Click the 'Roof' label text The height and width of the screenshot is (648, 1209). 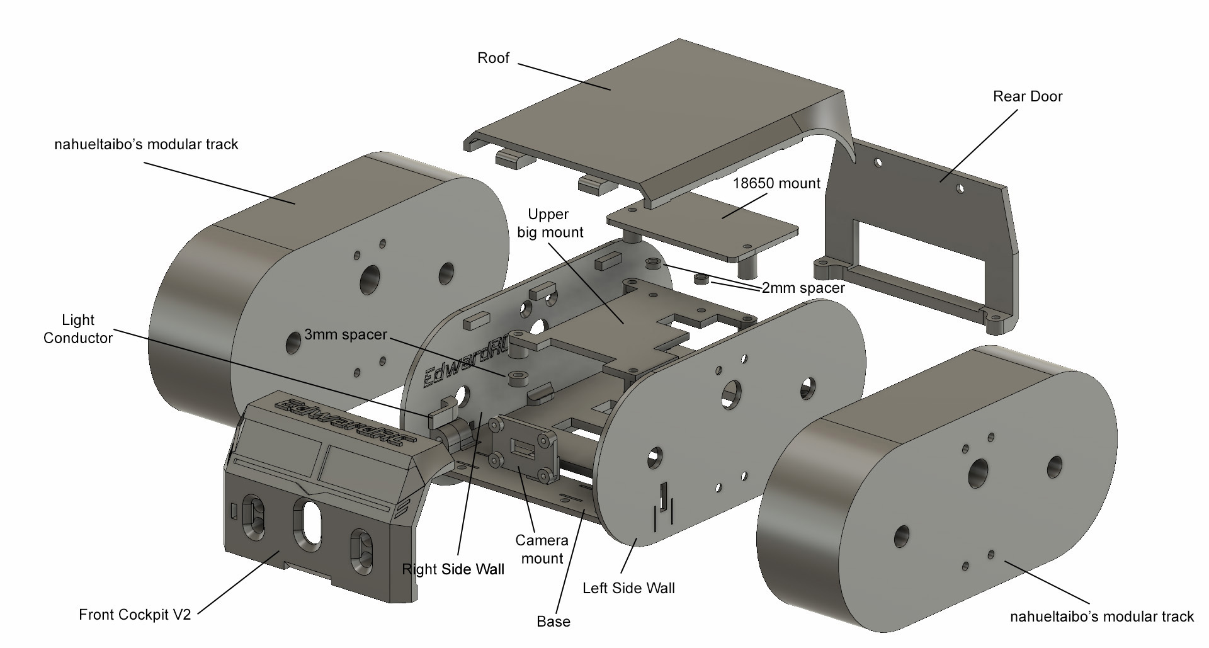point(493,59)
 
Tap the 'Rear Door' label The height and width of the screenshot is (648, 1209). point(1027,96)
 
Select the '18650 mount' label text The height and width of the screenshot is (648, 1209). point(777,183)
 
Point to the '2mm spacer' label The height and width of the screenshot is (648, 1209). point(803,288)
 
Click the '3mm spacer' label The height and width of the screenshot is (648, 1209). point(345,334)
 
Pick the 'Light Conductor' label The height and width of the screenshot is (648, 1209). point(78,329)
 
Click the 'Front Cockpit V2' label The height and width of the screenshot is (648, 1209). point(134,615)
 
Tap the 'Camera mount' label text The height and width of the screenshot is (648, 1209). point(542,549)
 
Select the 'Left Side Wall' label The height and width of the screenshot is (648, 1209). point(628,588)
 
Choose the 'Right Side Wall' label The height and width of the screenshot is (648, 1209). point(453,569)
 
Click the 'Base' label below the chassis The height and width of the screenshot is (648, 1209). point(553,622)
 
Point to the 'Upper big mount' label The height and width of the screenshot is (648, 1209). point(550,223)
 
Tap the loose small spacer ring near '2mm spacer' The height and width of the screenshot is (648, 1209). point(700,278)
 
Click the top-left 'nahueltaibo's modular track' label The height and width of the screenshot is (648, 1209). point(146,144)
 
